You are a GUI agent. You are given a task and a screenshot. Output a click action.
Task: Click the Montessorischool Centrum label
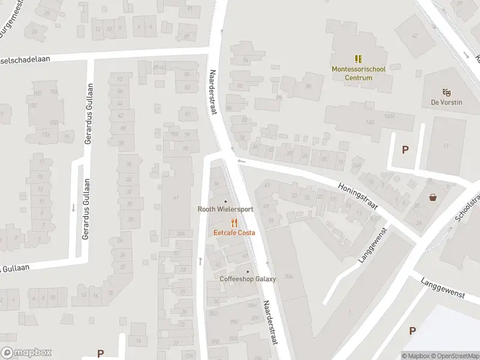[x=359, y=73]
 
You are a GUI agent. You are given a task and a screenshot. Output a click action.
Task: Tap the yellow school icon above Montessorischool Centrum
[x=359, y=59]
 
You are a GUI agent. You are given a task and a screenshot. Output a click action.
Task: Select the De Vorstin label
[x=446, y=103]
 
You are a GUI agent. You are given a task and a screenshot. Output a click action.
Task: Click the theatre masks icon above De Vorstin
[x=446, y=92]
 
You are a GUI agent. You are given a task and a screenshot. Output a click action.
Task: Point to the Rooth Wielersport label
[x=226, y=209]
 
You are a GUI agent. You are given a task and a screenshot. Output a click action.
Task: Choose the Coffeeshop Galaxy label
[x=248, y=279]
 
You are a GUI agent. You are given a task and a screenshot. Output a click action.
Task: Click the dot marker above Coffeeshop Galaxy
[x=248, y=271]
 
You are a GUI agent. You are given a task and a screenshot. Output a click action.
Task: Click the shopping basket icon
[x=433, y=197]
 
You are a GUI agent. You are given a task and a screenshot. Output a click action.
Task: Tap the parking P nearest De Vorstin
[x=406, y=150]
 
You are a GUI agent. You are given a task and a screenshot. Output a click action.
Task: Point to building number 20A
[x=289, y=277]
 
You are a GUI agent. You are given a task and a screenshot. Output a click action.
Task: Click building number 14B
[x=370, y=122]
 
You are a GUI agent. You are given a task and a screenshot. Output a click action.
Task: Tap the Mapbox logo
[x=26, y=353]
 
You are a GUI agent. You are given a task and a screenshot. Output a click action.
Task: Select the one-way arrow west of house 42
[x=200, y=261]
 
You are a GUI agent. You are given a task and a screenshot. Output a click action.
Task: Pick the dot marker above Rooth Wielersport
[x=226, y=202]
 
